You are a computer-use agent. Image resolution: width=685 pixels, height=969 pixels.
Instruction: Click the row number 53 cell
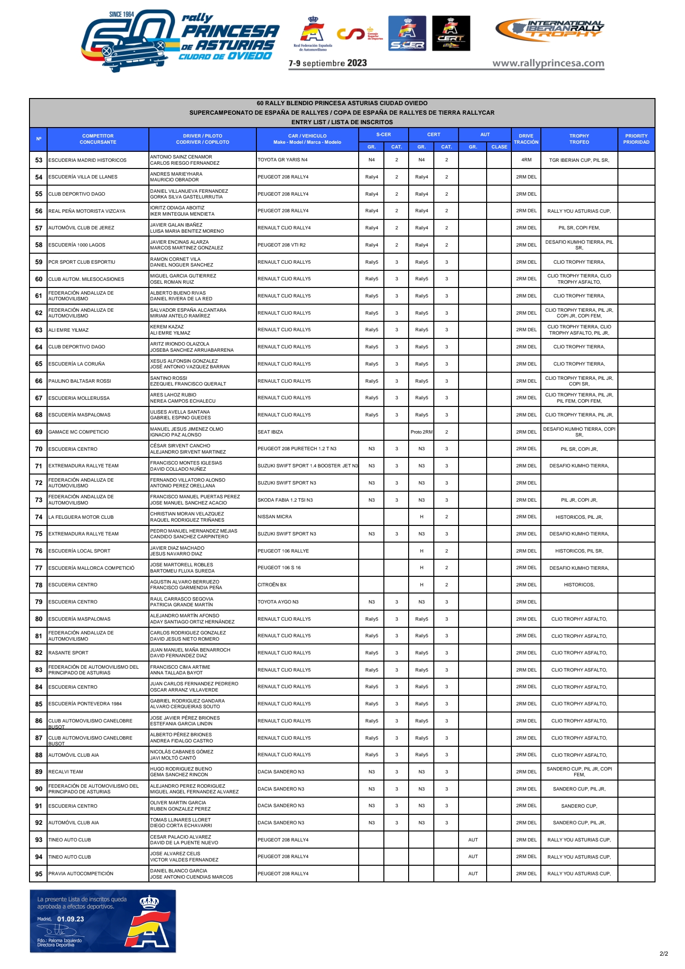coord(39,160)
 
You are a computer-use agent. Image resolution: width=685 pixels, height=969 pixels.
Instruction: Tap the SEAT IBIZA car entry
coord(270,432)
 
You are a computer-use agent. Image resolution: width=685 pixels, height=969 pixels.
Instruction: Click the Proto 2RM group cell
coord(421,432)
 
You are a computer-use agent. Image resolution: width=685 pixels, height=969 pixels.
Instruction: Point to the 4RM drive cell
coord(526,160)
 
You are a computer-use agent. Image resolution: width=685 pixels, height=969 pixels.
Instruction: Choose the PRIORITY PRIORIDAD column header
coord(636,139)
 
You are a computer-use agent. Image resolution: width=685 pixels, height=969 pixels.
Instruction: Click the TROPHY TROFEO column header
coord(579,139)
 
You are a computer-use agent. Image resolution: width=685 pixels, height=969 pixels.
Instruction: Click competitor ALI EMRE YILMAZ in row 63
coord(68,330)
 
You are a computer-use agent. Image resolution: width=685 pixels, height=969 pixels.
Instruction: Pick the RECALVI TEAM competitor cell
coord(66,772)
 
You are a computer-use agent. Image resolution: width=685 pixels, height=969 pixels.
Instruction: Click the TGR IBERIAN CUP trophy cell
coord(579,160)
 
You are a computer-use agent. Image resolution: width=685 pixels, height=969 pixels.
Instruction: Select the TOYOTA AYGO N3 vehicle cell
coord(278,602)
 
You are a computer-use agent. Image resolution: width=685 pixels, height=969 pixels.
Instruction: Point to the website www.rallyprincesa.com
coord(548,63)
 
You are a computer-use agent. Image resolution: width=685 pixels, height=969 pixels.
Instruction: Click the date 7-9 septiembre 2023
coord(328,63)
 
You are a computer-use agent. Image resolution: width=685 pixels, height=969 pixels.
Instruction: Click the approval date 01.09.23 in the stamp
coord(70,919)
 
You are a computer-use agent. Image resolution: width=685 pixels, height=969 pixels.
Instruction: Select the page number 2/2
coord(664,953)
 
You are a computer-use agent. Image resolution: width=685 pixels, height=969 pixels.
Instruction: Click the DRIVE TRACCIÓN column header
coord(526,139)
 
